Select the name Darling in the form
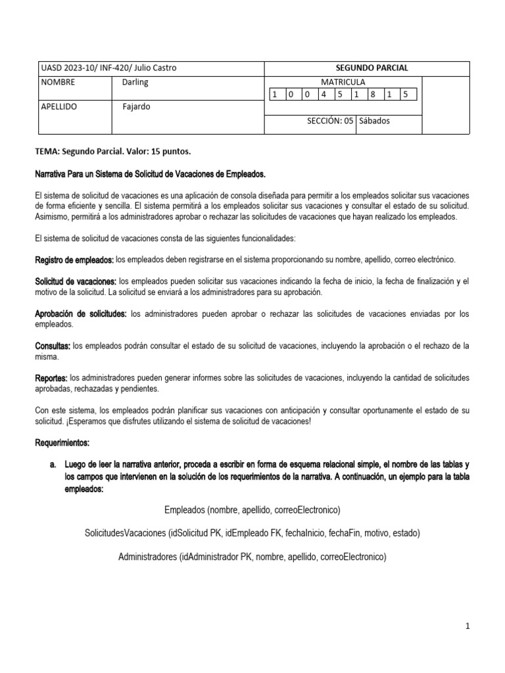[x=135, y=82]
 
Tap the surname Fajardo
[x=136, y=106]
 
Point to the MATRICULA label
[x=342, y=82]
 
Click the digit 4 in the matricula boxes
[x=323, y=94]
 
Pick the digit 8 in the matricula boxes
[x=372, y=94]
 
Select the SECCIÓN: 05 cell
[x=330, y=121]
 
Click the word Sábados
[x=374, y=121]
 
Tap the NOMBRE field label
[x=58, y=82]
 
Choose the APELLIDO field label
[x=59, y=106]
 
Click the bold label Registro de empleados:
[x=74, y=260]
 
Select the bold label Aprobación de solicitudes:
[x=80, y=314]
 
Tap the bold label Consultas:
[x=53, y=346]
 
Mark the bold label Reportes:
[x=51, y=378]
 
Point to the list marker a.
[x=53, y=464]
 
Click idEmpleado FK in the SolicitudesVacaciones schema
[x=249, y=533]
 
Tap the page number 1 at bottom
[x=468, y=627]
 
